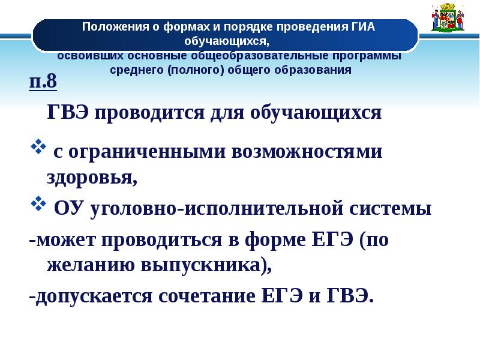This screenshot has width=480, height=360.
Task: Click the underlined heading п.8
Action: coord(43,82)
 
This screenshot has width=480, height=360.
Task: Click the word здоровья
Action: coord(91,177)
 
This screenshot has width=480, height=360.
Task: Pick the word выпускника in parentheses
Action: coord(194,265)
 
